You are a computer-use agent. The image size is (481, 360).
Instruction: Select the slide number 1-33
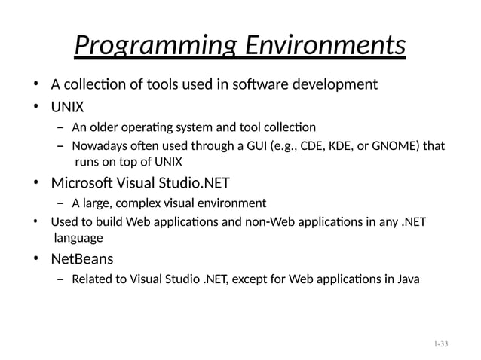coord(441,344)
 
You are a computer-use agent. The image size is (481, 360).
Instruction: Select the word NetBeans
coord(82,260)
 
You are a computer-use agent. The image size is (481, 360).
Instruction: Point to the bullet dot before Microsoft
coord(35,183)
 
